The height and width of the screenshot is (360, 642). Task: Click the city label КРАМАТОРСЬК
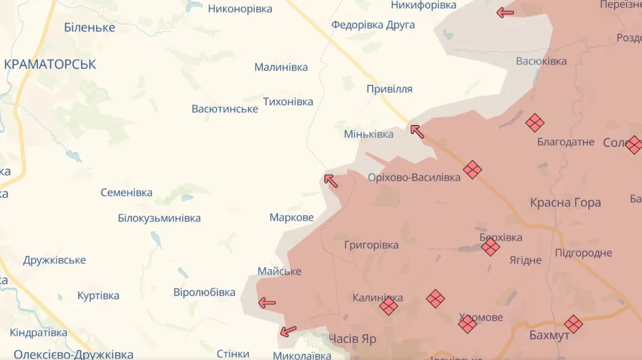pos(50,64)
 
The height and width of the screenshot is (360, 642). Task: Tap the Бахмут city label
pos(549,335)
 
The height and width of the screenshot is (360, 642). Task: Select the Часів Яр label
pos(352,339)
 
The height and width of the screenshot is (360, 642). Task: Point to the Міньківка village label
pos(369,134)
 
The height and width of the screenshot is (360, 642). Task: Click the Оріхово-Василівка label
pos(414,178)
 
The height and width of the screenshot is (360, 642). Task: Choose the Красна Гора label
pos(565,203)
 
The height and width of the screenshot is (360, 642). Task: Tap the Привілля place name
pos(389,89)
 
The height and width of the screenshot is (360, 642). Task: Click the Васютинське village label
pos(225,109)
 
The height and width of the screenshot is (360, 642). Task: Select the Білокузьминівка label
pos(159,218)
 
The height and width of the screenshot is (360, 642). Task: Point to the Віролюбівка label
pos(204,292)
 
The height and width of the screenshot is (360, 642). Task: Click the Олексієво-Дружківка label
pos(73,354)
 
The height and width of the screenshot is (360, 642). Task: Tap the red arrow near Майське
pos(267,302)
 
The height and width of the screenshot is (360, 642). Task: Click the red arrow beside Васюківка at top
pos(505,13)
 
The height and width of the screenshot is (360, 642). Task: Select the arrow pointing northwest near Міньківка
pos(417,131)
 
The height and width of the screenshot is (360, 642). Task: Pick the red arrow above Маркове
pos(331,180)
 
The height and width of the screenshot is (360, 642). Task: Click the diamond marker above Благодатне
pos(535,123)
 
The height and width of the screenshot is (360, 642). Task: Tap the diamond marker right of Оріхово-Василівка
pos(472,170)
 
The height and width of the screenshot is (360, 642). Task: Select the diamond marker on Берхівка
pos(490,247)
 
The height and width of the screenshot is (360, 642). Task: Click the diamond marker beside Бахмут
pos(574,324)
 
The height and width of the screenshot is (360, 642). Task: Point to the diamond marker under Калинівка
pos(388,306)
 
